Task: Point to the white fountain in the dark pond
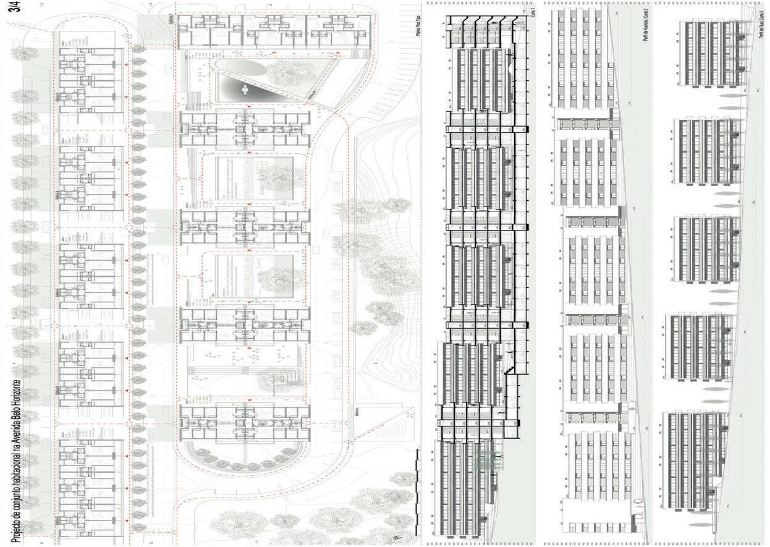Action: [245, 90]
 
